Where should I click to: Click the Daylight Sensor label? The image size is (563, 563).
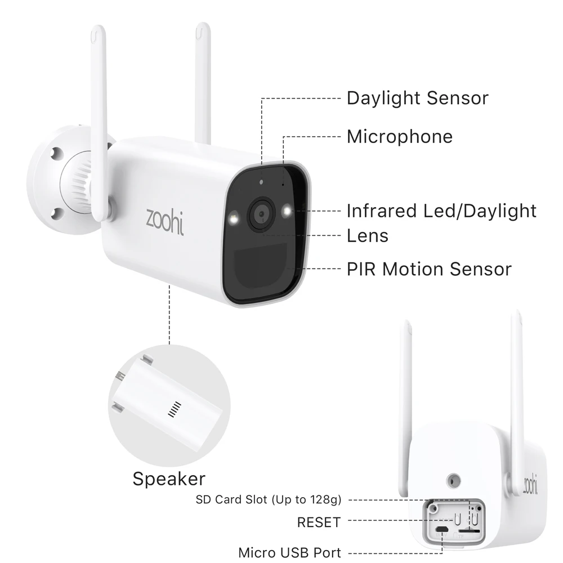coord(417,98)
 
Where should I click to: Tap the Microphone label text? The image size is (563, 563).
coord(399,136)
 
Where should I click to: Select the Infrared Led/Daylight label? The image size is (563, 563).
coord(441,211)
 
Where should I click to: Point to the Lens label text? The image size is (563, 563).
coord(367,235)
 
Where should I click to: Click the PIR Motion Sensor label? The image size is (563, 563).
coord(429,269)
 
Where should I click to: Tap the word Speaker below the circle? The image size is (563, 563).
coord(169,479)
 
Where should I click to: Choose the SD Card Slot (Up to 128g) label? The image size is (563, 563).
coord(269,499)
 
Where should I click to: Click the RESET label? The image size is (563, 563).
coord(319,522)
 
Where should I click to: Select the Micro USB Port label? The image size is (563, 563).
coord(289,552)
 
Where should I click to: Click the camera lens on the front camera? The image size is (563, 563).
coord(261,214)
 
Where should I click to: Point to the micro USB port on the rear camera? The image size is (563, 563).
coord(444,530)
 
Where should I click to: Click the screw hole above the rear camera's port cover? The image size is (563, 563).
coord(452,480)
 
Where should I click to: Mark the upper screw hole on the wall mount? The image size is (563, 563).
coord(56,153)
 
